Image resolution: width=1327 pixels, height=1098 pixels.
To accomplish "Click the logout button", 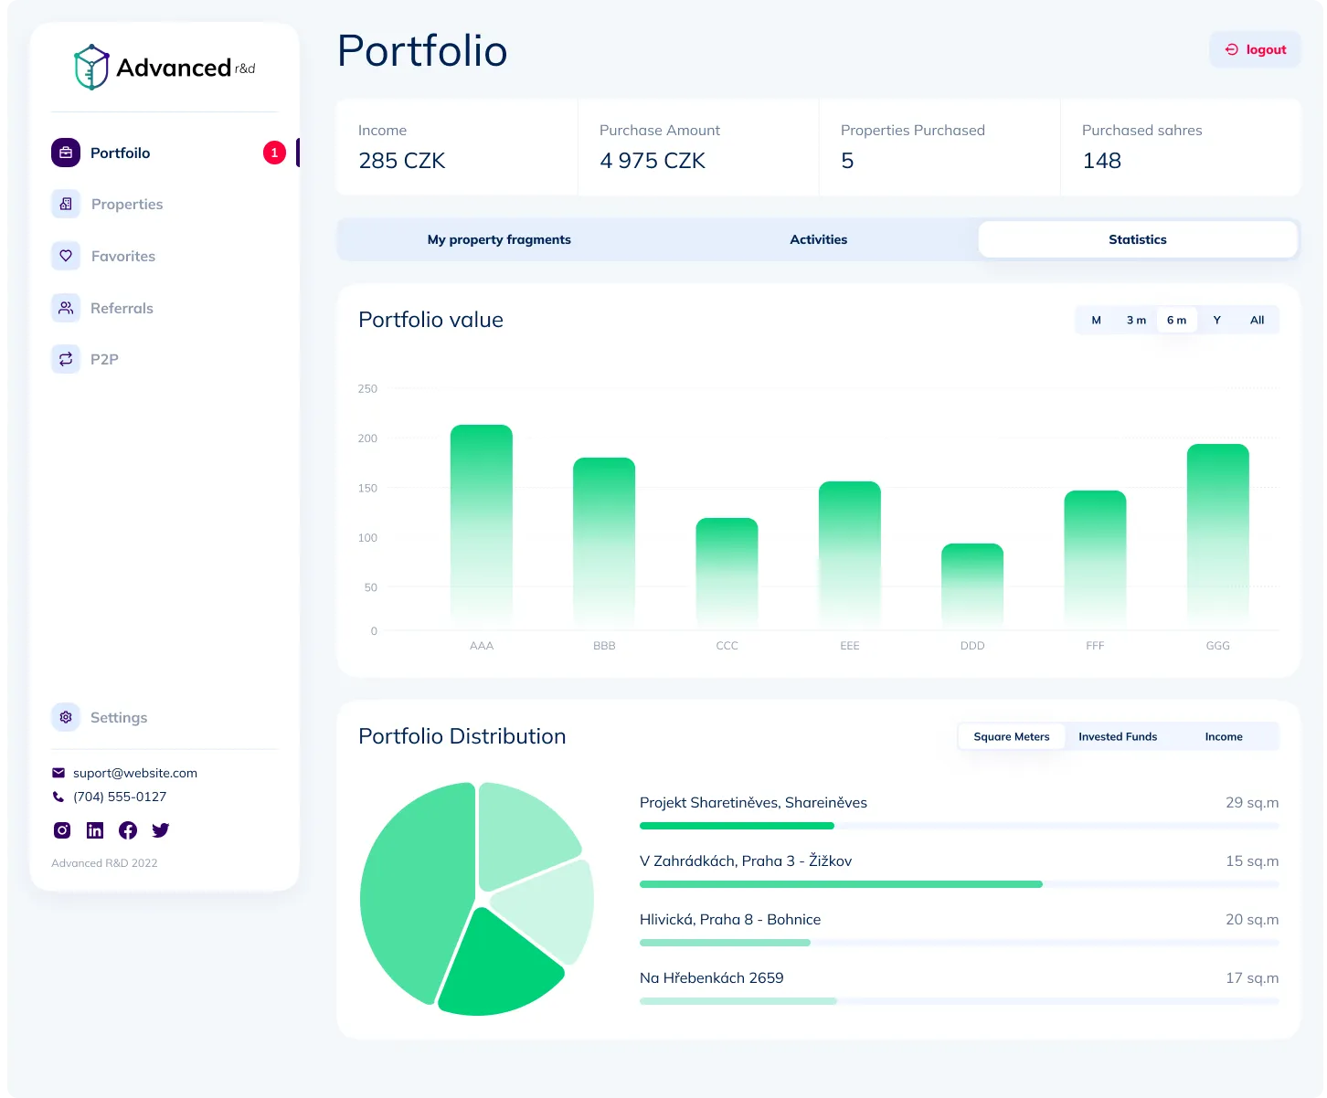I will tap(1256, 50).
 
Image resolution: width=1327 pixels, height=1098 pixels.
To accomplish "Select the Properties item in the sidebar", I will tap(126, 205).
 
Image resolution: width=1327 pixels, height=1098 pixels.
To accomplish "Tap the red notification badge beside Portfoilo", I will tap(274, 153).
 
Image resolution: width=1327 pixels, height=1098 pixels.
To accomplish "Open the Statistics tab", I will tap(1137, 239).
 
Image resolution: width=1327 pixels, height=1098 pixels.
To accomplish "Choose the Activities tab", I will tap(818, 239).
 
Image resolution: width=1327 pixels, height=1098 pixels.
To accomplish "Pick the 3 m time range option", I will tap(1136, 321).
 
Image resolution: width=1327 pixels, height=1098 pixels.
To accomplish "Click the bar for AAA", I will tap(482, 525).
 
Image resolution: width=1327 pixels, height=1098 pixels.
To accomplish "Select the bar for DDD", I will tap(972, 585).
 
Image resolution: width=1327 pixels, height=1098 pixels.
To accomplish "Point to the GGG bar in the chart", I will tap(1217, 535).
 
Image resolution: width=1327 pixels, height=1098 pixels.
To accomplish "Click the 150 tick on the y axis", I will tap(367, 489).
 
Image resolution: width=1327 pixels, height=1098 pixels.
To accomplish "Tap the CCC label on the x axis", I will tap(727, 646).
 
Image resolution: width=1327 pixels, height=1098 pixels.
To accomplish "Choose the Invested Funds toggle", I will tap(1117, 737).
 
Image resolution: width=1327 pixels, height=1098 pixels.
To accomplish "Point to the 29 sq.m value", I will tap(1251, 803).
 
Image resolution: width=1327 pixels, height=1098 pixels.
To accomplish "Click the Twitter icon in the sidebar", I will tap(161, 830).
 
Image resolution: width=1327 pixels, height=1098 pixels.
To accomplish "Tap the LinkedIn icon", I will tap(95, 830).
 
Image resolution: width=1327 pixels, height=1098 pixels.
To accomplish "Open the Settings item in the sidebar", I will tap(118, 718).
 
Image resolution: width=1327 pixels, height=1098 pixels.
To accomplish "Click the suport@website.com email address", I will tap(135, 773).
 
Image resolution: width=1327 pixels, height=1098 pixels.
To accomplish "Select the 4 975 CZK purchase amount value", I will tap(653, 161).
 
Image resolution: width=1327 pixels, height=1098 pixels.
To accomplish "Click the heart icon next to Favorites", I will tap(66, 256).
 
